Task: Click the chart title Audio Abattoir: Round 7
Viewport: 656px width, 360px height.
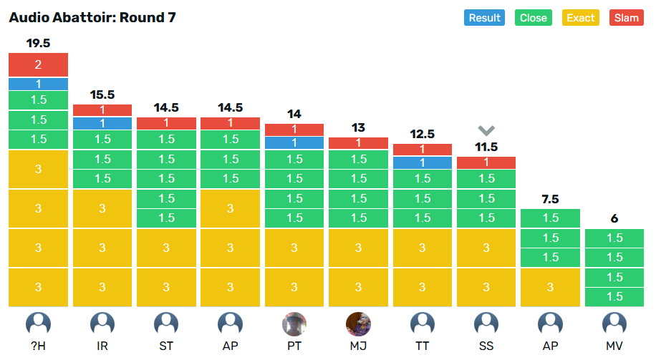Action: [x=92, y=17]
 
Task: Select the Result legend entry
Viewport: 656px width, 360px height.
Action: [x=484, y=18]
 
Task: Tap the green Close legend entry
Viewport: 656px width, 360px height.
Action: [x=534, y=18]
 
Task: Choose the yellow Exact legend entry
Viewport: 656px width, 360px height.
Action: [x=581, y=18]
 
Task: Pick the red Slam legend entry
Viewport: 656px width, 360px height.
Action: [x=627, y=18]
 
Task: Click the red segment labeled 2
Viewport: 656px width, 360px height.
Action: [x=38, y=64]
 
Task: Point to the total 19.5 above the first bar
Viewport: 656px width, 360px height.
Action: [x=38, y=43]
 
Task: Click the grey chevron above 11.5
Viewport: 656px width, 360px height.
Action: [x=486, y=130]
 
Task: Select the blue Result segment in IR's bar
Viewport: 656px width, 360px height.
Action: [x=102, y=123]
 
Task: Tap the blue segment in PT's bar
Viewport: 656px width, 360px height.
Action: [x=294, y=142]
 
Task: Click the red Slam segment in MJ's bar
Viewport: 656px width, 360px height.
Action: [x=358, y=142]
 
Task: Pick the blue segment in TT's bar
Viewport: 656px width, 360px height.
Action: [x=423, y=162]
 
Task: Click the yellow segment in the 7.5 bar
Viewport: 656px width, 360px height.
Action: [x=550, y=287]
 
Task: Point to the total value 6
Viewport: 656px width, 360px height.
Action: [x=614, y=218]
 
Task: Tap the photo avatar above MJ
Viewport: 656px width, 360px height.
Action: [x=358, y=324]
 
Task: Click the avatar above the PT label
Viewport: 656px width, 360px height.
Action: [x=294, y=324]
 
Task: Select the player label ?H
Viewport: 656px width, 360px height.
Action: [x=38, y=346]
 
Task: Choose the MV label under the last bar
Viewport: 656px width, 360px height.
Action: [x=614, y=346]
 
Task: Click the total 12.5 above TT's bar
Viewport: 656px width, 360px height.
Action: [x=423, y=134]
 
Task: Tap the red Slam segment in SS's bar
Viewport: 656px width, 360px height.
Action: [x=486, y=162]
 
